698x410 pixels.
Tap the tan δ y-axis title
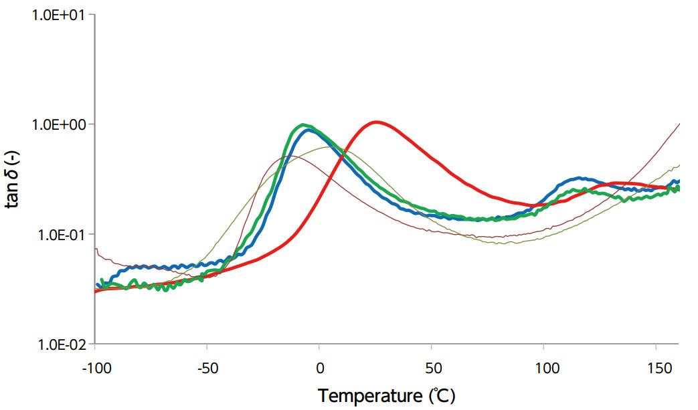click(x=14, y=179)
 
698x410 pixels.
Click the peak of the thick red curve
click(x=377, y=122)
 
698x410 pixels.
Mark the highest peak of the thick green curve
click(x=303, y=124)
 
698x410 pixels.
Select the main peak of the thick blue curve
click(x=309, y=130)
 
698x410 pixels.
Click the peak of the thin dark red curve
click(x=288, y=156)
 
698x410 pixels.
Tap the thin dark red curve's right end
click(x=679, y=124)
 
